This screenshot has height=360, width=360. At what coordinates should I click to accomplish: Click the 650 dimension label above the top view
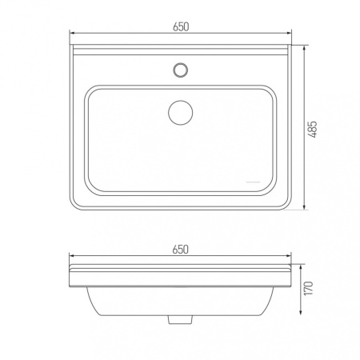point(181,26)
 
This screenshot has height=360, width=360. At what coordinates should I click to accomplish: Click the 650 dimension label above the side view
point(181,250)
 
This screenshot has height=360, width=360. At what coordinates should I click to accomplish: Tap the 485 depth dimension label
point(313,130)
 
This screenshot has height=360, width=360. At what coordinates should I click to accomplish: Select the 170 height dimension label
point(308,288)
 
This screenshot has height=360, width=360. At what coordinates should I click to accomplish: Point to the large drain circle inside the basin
point(181,113)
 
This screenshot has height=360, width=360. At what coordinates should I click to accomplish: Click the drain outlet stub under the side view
point(181,319)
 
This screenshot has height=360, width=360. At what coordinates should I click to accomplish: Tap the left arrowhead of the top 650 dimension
point(72,33)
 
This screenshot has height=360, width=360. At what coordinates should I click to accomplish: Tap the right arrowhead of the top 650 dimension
point(289,33)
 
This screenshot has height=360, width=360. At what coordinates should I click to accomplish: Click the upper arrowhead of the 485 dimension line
point(304,48)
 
